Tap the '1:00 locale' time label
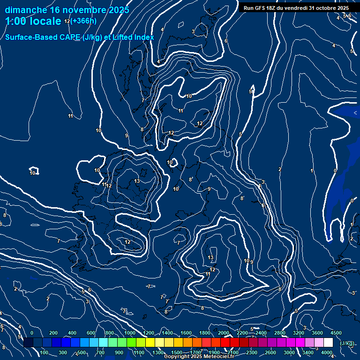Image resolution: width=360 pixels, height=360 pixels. click(x=33, y=21)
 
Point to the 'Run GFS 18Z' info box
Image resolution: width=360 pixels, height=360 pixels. click(x=296, y=8)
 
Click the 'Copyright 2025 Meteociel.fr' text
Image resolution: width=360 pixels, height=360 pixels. click(x=199, y=357)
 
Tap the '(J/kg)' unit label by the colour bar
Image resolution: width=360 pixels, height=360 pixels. click(x=347, y=344)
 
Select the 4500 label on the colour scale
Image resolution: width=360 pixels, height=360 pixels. click(x=336, y=333)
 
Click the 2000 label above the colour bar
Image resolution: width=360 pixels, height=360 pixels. click(x=224, y=333)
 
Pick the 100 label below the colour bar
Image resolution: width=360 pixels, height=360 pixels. click(x=44, y=352)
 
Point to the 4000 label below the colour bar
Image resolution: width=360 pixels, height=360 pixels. click(x=327, y=352)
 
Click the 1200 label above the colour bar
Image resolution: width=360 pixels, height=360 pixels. click(x=149, y=333)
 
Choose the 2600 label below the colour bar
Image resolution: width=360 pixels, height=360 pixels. click(x=270, y=352)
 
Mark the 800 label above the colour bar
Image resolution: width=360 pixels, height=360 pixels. click(x=110, y=333)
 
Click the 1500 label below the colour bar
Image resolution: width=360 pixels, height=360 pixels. click(x=177, y=352)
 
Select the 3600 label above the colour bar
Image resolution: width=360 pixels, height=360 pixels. click(x=317, y=333)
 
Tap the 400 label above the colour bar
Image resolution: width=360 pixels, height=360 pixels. click(x=72, y=333)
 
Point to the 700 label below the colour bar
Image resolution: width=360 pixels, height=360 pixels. click(x=100, y=352)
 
